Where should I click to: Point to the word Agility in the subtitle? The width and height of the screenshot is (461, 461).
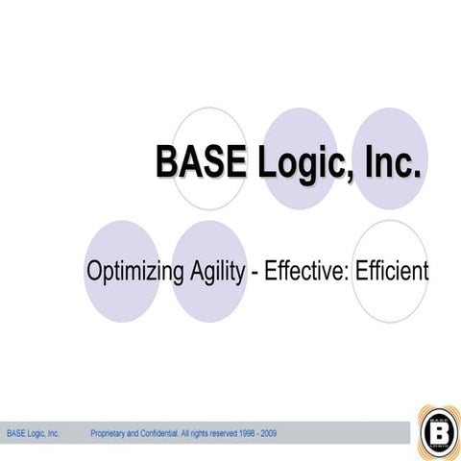coord(217,271)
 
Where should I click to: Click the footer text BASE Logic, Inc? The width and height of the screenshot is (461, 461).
coord(34,434)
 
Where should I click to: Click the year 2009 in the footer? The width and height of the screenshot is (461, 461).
coord(268,434)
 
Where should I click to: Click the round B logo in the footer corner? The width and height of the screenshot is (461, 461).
coord(439,430)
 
